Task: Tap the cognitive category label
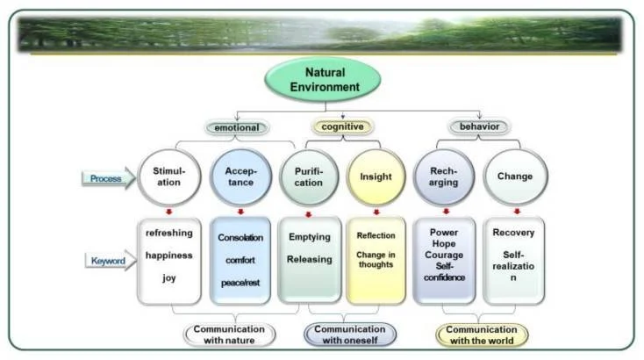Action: (x=342, y=127)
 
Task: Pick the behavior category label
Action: (x=478, y=127)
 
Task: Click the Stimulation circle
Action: (x=168, y=176)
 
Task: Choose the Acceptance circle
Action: (x=240, y=176)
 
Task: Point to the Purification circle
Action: (x=308, y=176)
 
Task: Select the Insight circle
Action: (x=376, y=176)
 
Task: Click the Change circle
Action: (x=514, y=176)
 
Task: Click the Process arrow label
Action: (x=106, y=179)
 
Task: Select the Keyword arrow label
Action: (x=106, y=261)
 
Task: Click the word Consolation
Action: (x=241, y=238)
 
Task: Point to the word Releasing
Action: (x=310, y=259)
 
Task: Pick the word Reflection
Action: (x=376, y=236)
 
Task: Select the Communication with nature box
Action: (x=229, y=335)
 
